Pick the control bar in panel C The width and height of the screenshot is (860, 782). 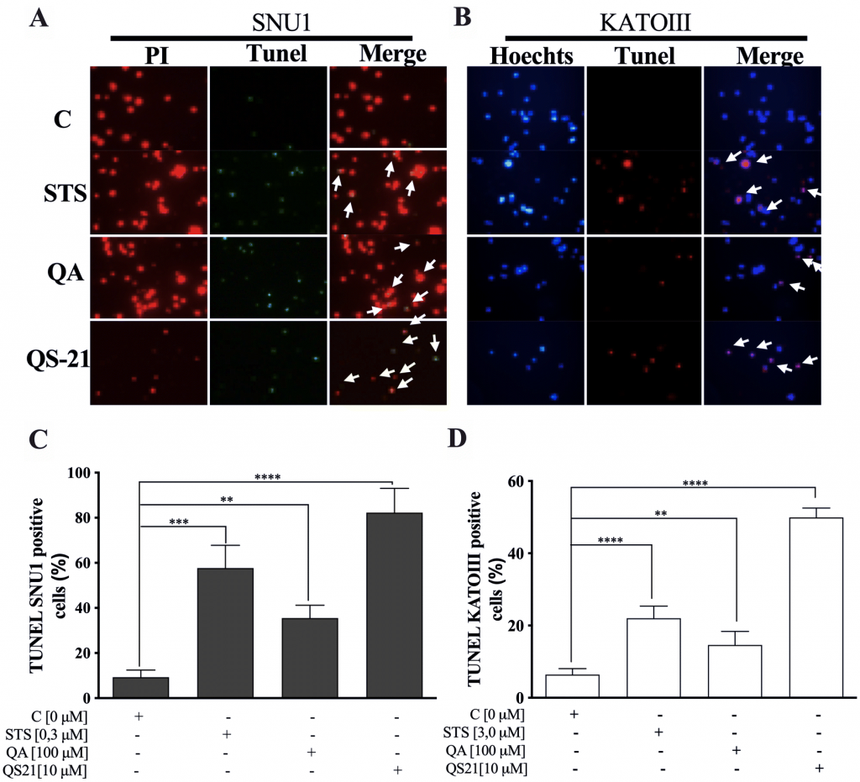(x=140, y=687)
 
